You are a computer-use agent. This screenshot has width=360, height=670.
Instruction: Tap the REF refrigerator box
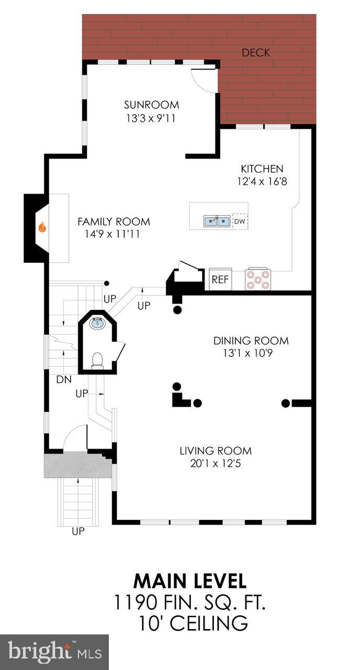tap(220, 280)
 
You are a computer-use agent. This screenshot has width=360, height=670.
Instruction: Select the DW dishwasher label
tap(240, 221)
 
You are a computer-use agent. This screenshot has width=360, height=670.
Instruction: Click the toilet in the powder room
tap(97, 360)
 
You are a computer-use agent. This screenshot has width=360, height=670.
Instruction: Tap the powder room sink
tap(97, 323)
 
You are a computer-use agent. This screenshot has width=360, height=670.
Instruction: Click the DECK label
tap(256, 52)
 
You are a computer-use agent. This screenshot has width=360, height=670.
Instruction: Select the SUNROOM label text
tap(151, 105)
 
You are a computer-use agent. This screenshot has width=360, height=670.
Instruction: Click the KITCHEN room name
tap(262, 169)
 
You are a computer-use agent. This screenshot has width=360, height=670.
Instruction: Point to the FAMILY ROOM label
tap(114, 221)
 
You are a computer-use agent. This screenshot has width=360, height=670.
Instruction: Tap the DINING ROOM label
tap(251, 341)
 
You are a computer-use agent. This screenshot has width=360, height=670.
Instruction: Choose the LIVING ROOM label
tap(216, 451)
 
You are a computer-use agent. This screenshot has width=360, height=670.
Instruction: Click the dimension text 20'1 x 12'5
tap(216, 463)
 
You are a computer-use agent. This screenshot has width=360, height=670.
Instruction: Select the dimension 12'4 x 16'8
tap(262, 182)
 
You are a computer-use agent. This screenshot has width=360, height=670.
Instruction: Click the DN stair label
tap(64, 378)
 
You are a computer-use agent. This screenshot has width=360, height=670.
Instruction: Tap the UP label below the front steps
tap(78, 532)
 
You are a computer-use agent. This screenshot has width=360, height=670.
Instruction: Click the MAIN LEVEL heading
tap(189, 581)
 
